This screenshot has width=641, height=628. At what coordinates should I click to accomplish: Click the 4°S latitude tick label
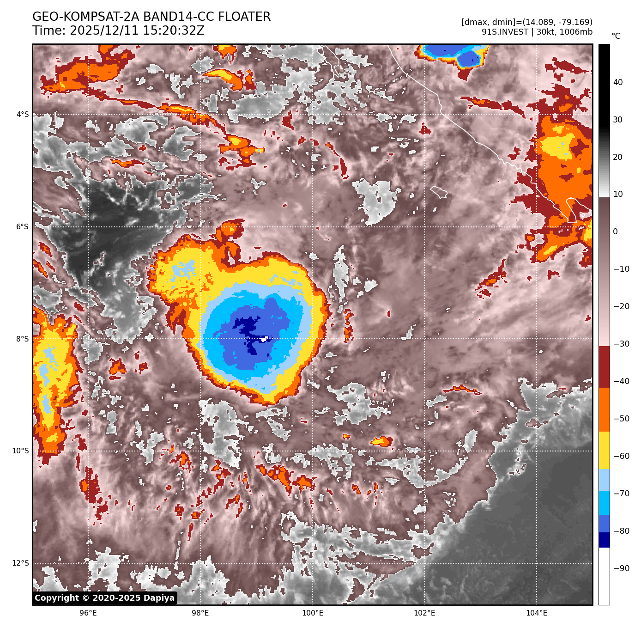(23, 115)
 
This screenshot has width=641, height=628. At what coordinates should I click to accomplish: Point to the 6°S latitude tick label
(23, 227)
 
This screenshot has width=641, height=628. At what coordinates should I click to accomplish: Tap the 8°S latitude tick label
(23, 339)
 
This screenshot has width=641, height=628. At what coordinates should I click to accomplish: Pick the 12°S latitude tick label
(21, 563)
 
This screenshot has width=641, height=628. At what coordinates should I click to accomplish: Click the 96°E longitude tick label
(88, 613)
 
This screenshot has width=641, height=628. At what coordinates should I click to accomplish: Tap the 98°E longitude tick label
(200, 613)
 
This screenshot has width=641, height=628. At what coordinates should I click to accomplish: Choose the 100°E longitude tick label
(313, 613)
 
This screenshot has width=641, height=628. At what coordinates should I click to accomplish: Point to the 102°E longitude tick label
(424, 613)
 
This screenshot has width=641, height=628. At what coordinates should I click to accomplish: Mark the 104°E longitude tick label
(537, 613)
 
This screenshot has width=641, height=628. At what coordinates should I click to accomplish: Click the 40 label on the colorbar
(618, 83)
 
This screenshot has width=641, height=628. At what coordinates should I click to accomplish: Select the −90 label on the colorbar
(621, 568)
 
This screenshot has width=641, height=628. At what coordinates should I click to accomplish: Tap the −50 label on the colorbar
(621, 419)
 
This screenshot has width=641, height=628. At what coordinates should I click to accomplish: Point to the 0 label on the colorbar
(615, 232)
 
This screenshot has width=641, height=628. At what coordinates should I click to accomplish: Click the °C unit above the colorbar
(616, 37)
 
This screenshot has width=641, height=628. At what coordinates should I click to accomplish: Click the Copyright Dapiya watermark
(105, 598)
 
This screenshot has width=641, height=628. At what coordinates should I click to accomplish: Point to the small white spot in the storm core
(264, 339)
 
